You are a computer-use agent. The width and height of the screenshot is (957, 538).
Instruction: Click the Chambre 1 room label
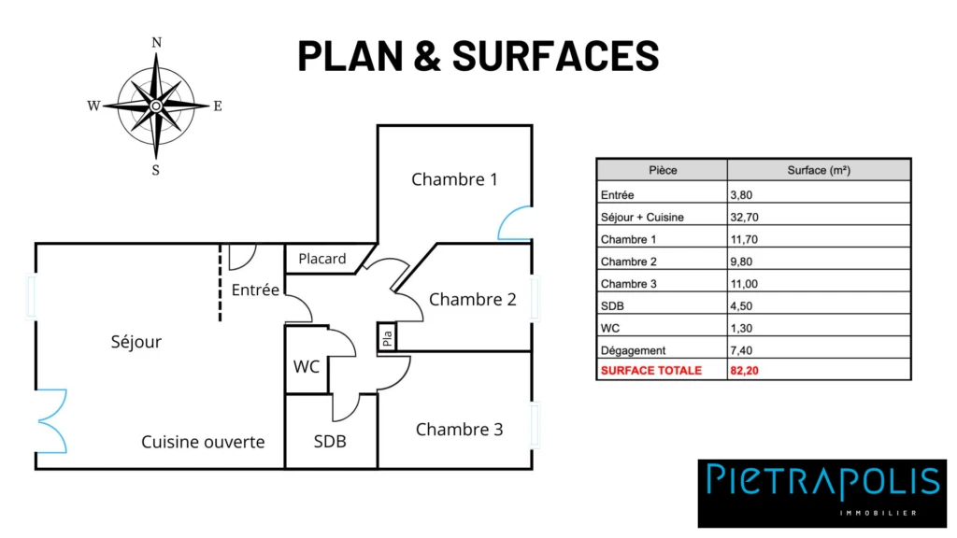(x=454, y=179)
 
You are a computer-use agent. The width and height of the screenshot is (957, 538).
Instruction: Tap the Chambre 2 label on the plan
(x=472, y=300)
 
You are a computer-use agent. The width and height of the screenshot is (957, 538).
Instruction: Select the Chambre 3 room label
(x=459, y=430)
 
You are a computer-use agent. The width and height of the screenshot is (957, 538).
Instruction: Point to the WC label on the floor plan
(x=307, y=366)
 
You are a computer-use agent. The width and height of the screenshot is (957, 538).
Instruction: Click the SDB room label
(x=330, y=441)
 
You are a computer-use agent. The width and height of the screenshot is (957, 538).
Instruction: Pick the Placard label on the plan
(x=322, y=259)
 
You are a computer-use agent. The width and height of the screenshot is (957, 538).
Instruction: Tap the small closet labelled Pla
(x=387, y=337)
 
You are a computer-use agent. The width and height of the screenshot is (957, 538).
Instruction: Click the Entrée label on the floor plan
(x=255, y=290)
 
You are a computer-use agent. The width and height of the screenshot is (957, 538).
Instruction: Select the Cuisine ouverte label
(x=203, y=442)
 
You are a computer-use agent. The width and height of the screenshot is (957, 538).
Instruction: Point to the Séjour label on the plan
(x=136, y=342)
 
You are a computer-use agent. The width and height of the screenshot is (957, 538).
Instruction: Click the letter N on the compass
(x=157, y=43)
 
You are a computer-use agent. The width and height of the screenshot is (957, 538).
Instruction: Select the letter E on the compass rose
(x=217, y=106)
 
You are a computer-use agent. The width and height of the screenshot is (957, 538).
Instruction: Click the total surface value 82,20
(x=744, y=370)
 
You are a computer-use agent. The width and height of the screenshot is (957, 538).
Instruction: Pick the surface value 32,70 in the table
(x=744, y=217)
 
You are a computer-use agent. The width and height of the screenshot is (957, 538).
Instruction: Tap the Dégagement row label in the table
(x=633, y=351)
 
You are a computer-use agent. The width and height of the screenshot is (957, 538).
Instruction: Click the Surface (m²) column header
(x=819, y=170)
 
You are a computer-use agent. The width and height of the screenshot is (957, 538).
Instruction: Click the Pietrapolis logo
(x=822, y=493)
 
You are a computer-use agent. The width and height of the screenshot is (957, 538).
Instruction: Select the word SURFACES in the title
(x=555, y=55)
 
